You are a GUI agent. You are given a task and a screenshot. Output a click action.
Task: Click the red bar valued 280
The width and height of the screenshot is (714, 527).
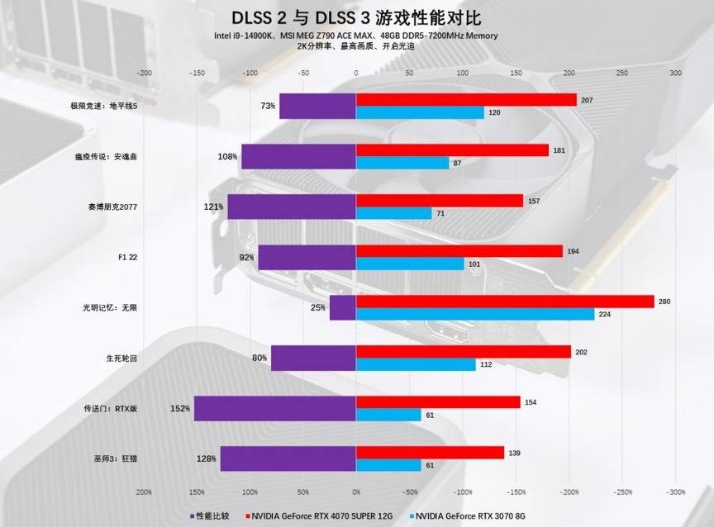[x=504, y=301]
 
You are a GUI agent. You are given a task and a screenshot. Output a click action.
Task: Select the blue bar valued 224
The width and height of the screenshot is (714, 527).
[x=474, y=314]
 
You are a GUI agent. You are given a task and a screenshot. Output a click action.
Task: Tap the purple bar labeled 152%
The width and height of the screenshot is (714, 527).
[x=274, y=408]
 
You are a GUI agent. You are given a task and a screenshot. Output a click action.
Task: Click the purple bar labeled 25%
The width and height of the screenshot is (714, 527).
[x=342, y=307]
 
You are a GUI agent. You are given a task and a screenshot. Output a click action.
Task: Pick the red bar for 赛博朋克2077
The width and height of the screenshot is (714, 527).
[x=439, y=201]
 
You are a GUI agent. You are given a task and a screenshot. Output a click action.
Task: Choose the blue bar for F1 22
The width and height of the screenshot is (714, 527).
[x=409, y=264]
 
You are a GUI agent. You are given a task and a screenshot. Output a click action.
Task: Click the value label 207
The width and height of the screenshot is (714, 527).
[x=587, y=99]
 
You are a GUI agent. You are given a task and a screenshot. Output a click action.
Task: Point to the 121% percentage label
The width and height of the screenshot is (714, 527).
[x=214, y=207]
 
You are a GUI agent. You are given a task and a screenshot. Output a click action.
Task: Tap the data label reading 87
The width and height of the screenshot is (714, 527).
[x=457, y=163]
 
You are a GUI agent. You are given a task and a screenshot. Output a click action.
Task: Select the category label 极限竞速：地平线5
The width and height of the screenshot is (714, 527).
[x=103, y=107]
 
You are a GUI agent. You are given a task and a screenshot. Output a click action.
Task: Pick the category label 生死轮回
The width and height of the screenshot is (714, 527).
[x=121, y=358]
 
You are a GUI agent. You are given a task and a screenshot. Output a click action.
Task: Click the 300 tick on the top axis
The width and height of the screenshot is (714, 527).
[x=675, y=74]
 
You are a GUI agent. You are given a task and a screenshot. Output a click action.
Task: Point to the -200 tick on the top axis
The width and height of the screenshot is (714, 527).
[x=144, y=74]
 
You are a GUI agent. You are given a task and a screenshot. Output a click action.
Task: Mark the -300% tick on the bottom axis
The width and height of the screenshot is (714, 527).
[x=676, y=491]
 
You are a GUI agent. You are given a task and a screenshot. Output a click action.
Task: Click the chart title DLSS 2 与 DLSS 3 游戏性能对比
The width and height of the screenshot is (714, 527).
[x=355, y=17]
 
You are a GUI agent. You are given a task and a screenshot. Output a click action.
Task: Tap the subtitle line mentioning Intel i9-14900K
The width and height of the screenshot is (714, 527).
[x=355, y=36]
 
